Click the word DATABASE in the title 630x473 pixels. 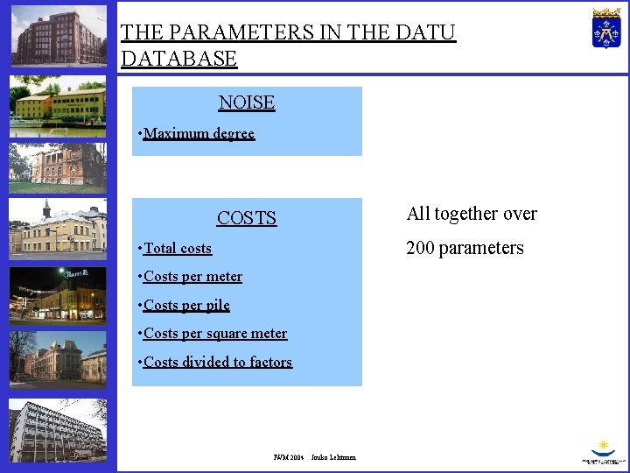(x=178, y=59)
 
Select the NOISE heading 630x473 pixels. (x=247, y=102)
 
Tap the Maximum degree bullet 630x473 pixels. (x=199, y=134)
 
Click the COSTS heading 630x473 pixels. (x=247, y=218)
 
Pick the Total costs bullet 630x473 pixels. (x=178, y=249)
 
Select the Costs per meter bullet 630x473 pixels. (x=192, y=277)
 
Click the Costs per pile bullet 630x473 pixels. (x=186, y=306)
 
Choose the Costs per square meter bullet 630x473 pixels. (x=215, y=334)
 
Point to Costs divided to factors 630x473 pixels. (x=218, y=362)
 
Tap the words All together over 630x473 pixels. (x=472, y=214)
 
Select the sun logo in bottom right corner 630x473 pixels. (x=603, y=449)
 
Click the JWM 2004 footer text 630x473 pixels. (x=288, y=457)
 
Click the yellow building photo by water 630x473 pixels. (x=58, y=107)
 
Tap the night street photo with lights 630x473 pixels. (x=58, y=295)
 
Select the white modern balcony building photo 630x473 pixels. (x=58, y=431)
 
